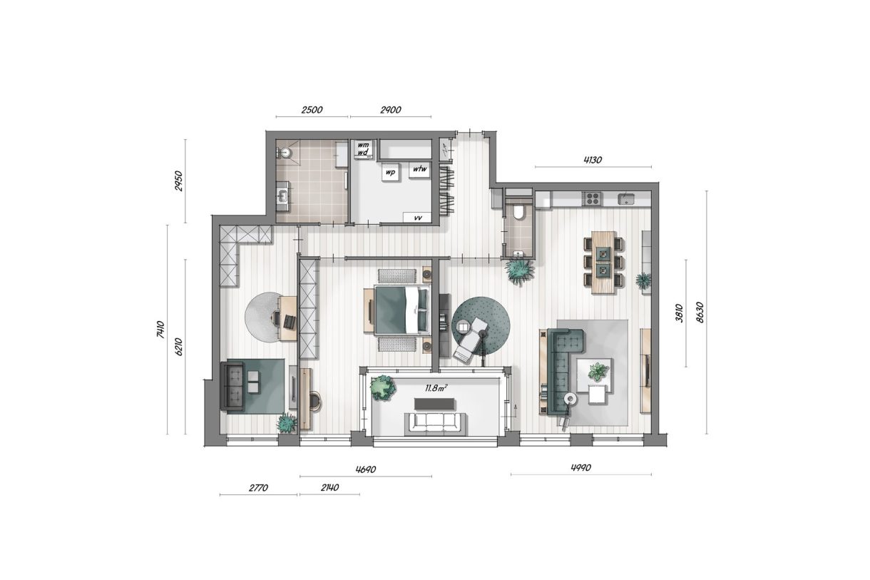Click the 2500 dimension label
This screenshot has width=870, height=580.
pos(312,110)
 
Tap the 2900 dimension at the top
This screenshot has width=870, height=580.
pos(391,110)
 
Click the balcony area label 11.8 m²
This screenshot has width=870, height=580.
pos(436,387)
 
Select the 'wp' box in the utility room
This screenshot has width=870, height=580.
pos(390,173)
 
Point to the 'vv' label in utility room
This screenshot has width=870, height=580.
pos(417,218)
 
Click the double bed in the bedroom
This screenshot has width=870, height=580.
pos(401,309)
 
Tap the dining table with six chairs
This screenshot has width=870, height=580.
pos(604,262)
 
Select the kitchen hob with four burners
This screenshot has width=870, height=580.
pos(593,198)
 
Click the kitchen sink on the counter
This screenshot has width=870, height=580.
pos(627,198)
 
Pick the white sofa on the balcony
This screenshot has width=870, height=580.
pos(435,423)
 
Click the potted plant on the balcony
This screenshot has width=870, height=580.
pos(383,387)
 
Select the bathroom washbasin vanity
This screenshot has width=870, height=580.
pos(283,194)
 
